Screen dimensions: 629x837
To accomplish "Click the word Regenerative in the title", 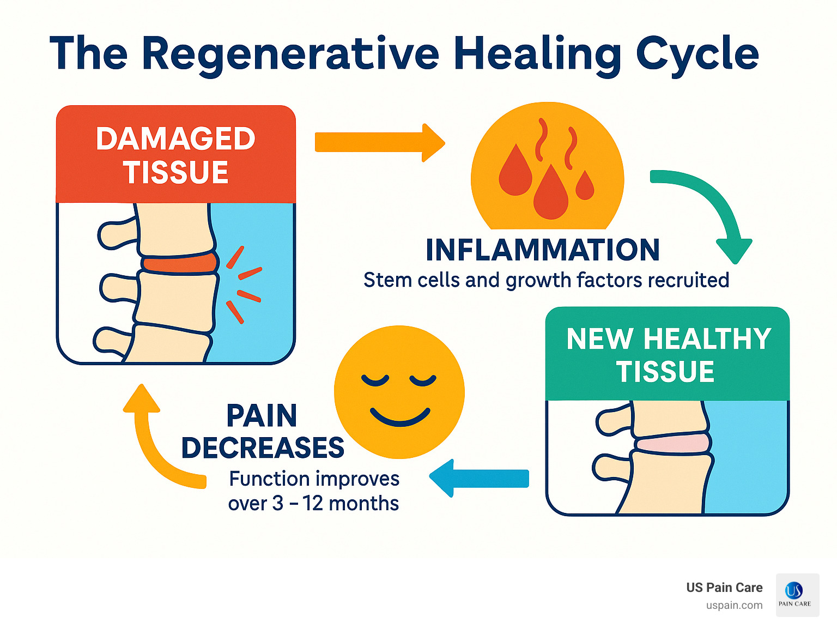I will pyautogui.click(x=290, y=54).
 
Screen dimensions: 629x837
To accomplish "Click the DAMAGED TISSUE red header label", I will pyautogui.click(x=175, y=155).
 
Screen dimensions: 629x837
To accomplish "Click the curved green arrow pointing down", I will pyautogui.click(x=708, y=210).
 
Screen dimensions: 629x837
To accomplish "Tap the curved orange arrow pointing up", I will pyautogui.click(x=158, y=441).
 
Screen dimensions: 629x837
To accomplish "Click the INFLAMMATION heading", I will pyautogui.click(x=542, y=250).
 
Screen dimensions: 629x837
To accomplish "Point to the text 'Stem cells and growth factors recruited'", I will pyautogui.click(x=546, y=280).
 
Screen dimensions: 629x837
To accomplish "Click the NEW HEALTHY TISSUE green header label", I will pyautogui.click(x=668, y=355).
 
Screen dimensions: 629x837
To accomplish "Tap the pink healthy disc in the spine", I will pyautogui.click(x=672, y=443).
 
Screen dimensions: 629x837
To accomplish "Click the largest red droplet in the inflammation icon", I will pyautogui.click(x=550, y=193).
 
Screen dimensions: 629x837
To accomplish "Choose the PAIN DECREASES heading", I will pyautogui.click(x=263, y=432).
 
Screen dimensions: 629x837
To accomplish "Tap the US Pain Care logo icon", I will pyautogui.click(x=797, y=595).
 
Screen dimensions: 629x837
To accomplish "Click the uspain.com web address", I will pyautogui.click(x=734, y=606).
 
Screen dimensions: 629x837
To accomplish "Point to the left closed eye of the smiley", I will pyautogui.click(x=375, y=380).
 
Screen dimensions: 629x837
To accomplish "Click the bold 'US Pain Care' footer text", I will pyautogui.click(x=724, y=588).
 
